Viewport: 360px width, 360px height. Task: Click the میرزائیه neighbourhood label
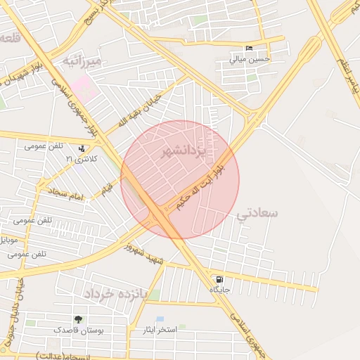pyautogui.click(x=82, y=62)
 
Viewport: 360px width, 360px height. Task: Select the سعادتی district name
pyautogui.click(x=259, y=212)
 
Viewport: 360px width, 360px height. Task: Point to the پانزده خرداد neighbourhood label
pyautogui.click(x=115, y=293)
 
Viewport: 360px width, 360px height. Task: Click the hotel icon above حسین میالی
pyautogui.click(x=249, y=49)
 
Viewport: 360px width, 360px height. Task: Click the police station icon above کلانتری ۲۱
pyautogui.click(x=83, y=148)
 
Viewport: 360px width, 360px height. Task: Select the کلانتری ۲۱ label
pyautogui.click(x=79, y=159)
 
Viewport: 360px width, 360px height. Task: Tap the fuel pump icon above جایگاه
pyautogui.click(x=221, y=278)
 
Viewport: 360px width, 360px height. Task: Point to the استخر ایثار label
pyautogui.click(x=159, y=330)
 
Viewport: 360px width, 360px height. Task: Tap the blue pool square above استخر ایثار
pyautogui.click(x=160, y=319)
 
